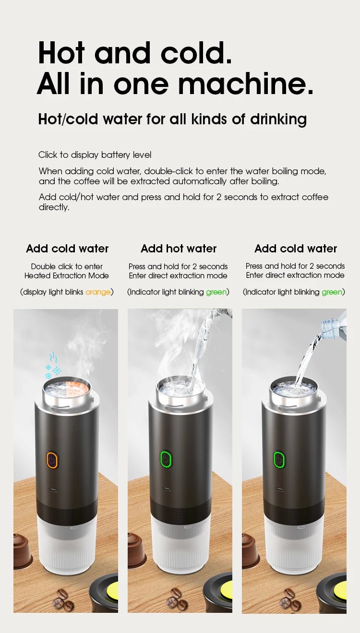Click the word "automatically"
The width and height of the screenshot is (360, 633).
click(x=199, y=181)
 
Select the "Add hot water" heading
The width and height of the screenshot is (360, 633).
click(x=179, y=249)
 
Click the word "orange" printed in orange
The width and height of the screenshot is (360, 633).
click(x=98, y=292)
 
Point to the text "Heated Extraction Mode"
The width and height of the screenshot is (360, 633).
click(x=67, y=275)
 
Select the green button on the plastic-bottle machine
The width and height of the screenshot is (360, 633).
click(x=279, y=460)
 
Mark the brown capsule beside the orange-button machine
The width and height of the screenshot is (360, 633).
click(x=22, y=550)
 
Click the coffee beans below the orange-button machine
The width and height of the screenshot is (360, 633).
click(x=63, y=599)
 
